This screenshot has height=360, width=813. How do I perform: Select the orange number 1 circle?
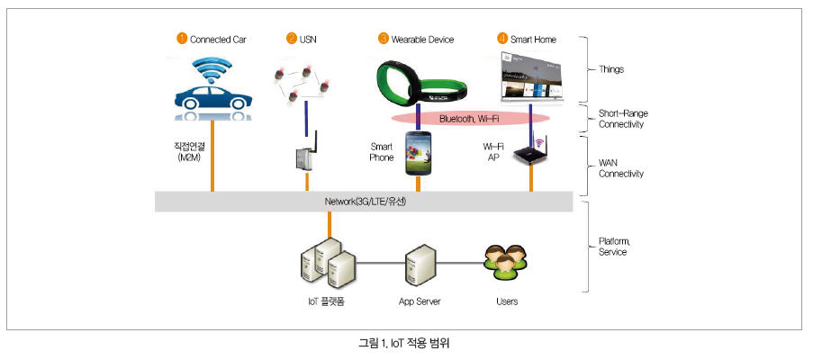click(182, 39)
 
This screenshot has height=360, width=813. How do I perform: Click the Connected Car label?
click(218, 40)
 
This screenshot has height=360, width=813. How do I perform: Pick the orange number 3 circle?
click(384, 39)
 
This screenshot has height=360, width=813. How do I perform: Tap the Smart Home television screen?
click(532, 79)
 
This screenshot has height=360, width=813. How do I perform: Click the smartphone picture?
click(420, 152)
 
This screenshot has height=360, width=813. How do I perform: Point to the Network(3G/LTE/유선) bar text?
click(366, 202)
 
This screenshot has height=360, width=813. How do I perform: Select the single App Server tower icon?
click(420, 264)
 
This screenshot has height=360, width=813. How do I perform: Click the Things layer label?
click(613, 68)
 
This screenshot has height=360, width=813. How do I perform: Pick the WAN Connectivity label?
click(621, 168)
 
